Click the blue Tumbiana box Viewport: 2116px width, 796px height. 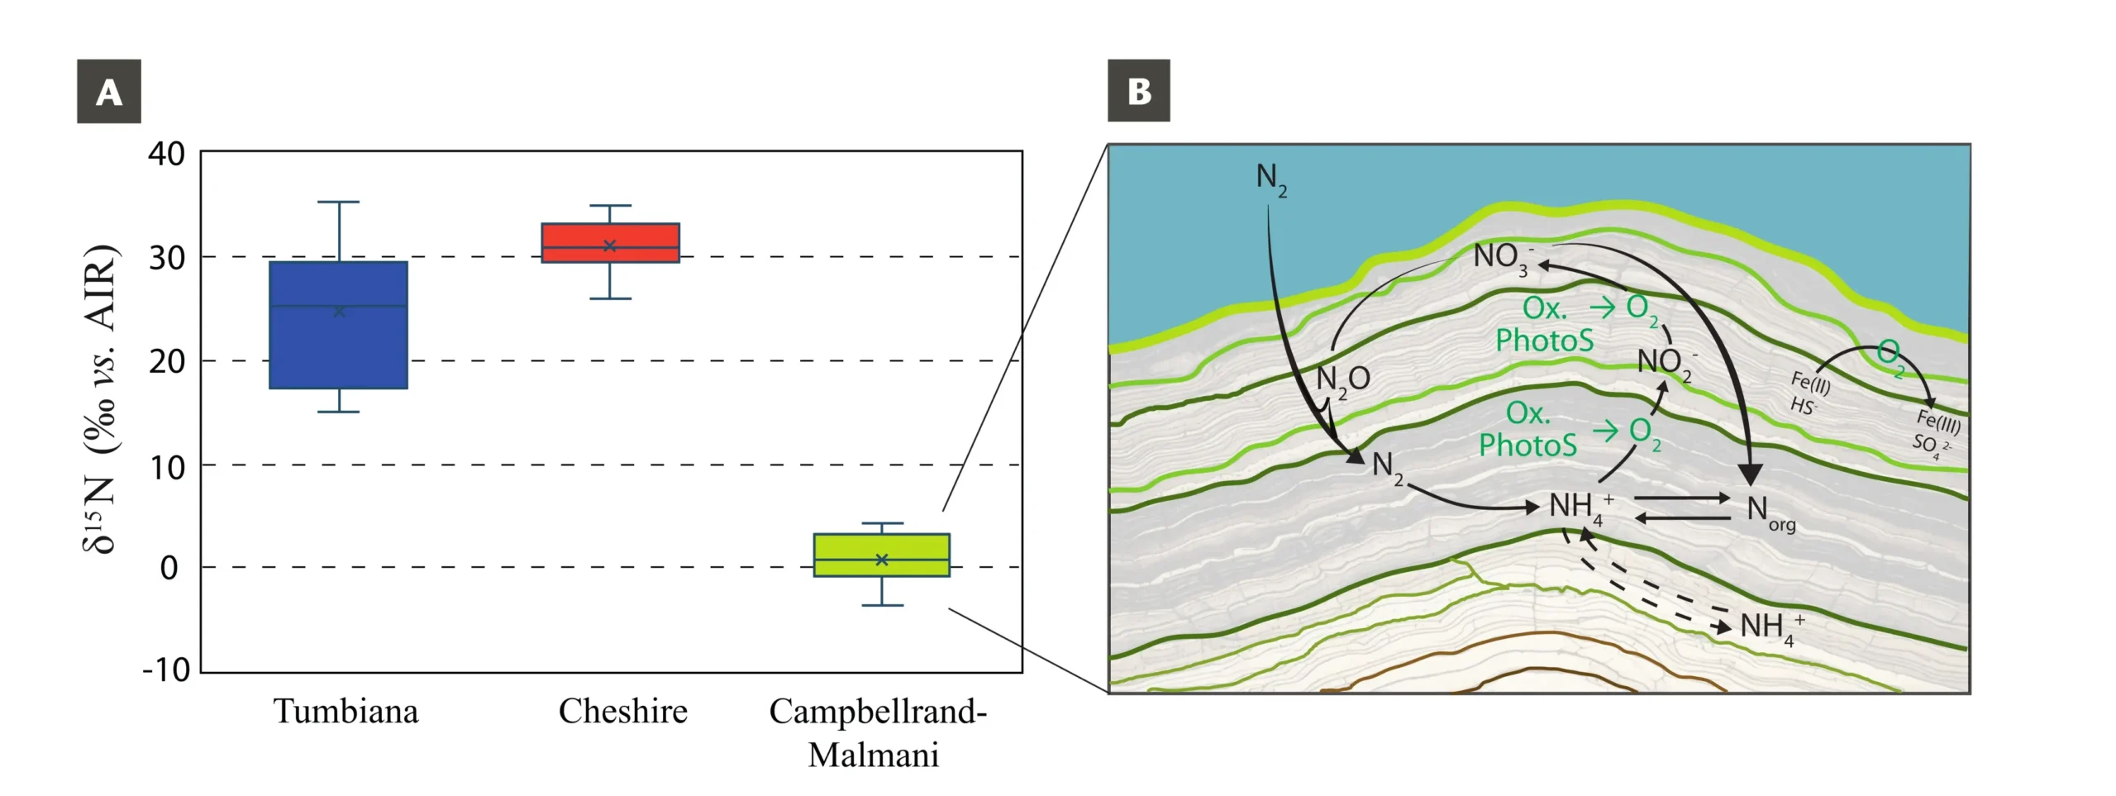[x=338, y=325]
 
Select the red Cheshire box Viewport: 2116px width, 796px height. [x=610, y=242]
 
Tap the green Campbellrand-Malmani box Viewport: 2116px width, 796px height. [x=881, y=555]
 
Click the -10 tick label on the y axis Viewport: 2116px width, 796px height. [x=166, y=670]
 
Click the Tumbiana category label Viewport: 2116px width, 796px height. [x=346, y=711]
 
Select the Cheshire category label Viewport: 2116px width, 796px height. [x=622, y=711]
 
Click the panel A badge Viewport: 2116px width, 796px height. [x=109, y=91]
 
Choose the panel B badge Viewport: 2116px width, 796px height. [x=1139, y=91]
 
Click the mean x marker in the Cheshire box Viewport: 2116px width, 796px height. [x=610, y=245]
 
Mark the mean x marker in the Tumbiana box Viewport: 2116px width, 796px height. [x=339, y=312]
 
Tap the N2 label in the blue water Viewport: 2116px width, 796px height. [x=1271, y=179]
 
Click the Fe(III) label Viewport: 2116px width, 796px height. [x=1938, y=421]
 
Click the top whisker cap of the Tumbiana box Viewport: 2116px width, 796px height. [x=339, y=202]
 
